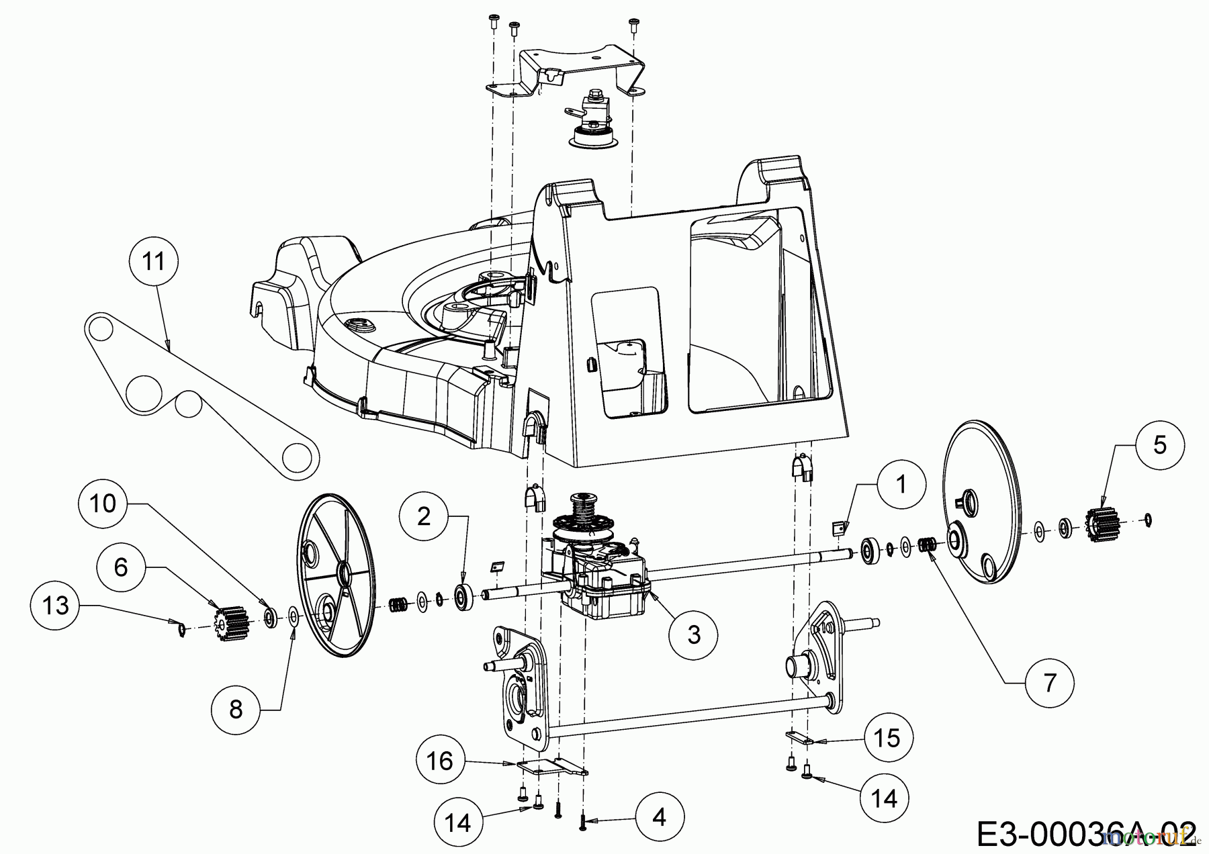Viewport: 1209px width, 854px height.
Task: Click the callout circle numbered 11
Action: pos(154,261)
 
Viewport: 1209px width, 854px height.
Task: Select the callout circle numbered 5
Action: pos(1160,445)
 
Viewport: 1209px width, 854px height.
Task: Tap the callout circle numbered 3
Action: pos(694,634)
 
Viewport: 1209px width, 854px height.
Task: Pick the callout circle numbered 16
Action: pos(441,761)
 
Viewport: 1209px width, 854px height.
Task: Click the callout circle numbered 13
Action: pos(56,606)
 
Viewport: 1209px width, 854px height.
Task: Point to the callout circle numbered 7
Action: pos(1049,683)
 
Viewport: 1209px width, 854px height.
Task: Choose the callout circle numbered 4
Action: pos(659,817)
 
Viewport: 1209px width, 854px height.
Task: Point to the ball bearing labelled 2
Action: pos(462,595)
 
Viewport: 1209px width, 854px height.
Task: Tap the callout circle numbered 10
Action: pos(103,503)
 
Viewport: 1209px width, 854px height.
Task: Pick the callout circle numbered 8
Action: pos(236,710)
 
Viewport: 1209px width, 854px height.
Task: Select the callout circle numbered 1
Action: pos(901,484)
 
